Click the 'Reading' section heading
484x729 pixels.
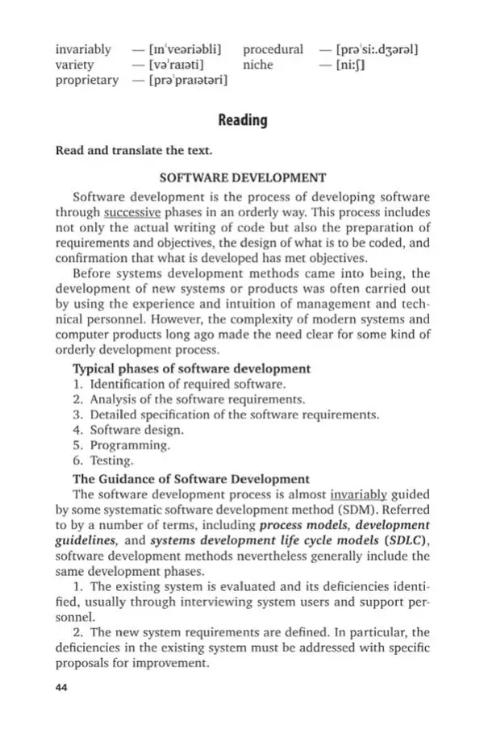[x=242, y=120]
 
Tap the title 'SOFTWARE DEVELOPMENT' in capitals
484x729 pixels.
[x=243, y=177]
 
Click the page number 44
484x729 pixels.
[x=62, y=687]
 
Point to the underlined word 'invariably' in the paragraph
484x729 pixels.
[x=359, y=494]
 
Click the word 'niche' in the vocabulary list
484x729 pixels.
[x=258, y=65]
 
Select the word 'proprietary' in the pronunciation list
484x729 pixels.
[x=86, y=80]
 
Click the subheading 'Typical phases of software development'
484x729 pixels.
[x=191, y=369]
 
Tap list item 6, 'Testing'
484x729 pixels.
[x=111, y=461]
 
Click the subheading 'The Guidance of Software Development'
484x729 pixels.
[x=190, y=479]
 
